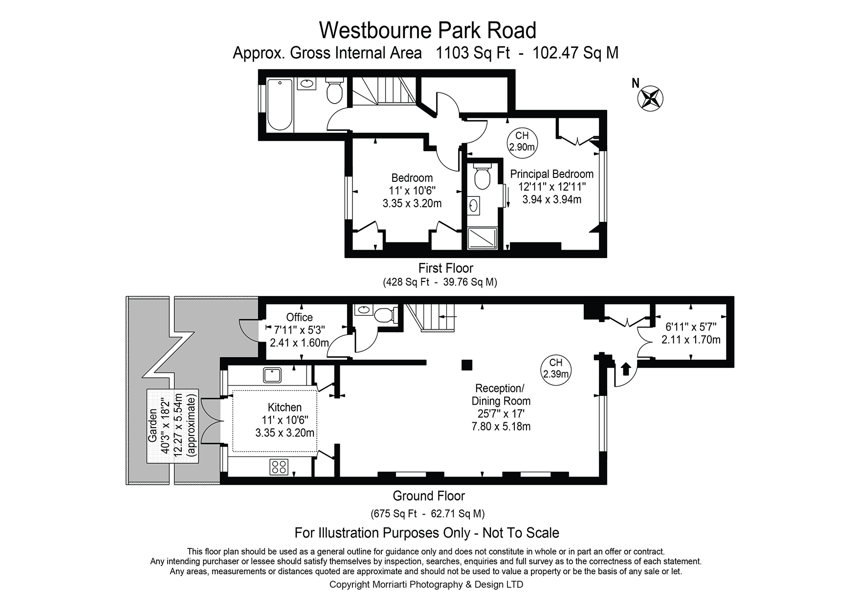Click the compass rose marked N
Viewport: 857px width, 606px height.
(650, 97)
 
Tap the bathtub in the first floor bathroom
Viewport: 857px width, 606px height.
(280, 105)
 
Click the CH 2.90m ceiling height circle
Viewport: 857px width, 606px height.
(522, 141)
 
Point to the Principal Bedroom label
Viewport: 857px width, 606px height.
(551, 174)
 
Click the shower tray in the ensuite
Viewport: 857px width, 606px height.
(483, 238)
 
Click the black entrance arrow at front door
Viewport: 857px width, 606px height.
(625, 368)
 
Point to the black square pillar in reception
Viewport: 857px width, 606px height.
(467, 365)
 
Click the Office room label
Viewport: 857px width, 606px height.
(299, 317)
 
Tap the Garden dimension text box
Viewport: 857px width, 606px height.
(173, 426)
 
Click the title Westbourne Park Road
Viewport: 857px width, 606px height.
(427, 30)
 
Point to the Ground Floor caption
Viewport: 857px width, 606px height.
(428, 496)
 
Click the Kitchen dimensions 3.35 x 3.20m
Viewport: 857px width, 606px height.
(285, 433)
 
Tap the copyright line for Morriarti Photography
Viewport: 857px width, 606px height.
(426, 584)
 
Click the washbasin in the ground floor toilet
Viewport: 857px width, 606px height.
(364, 309)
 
